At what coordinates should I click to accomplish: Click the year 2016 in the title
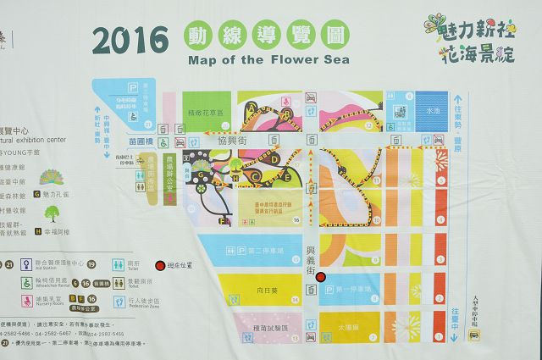coord(132,40)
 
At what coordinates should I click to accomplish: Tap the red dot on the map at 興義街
coord(321,276)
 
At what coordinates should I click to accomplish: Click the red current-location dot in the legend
coord(158,265)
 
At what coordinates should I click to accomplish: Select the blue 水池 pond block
coord(432,109)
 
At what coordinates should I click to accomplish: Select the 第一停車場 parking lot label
coord(356,289)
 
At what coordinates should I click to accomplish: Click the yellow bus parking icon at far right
coord(475,335)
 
